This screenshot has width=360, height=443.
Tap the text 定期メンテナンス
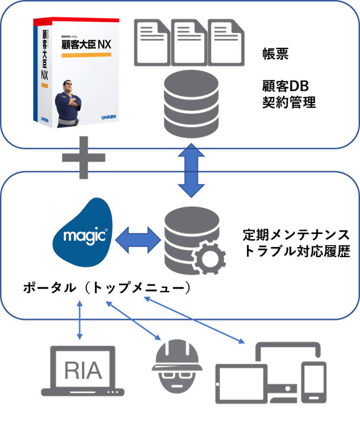click(297, 235)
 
